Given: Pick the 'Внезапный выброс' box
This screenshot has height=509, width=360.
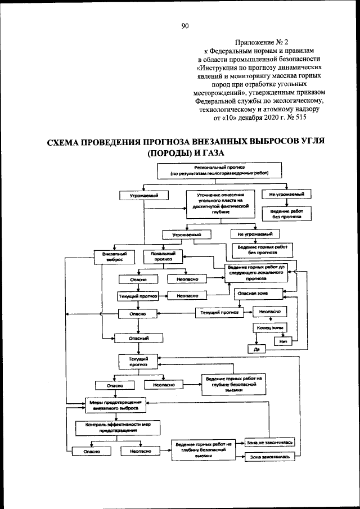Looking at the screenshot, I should [118, 256].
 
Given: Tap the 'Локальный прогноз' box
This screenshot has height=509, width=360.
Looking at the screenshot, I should [163, 256].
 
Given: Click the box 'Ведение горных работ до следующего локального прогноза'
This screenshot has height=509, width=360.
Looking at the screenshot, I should [256, 272].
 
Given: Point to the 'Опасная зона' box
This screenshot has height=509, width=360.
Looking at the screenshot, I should [253, 294].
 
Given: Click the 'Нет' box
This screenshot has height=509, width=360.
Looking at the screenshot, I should [282, 341].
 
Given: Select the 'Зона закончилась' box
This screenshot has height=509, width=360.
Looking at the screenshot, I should [270, 457].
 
